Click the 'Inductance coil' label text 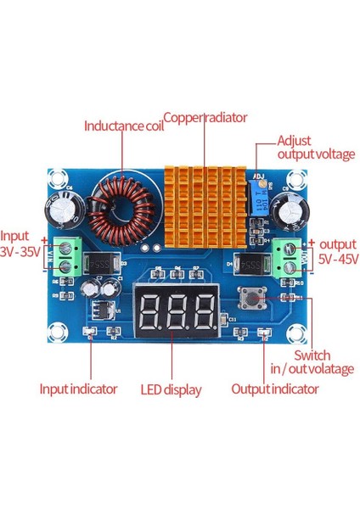click(x=123, y=126)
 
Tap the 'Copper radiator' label click(x=205, y=117)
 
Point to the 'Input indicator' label click(x=78, y=389)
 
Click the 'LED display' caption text click(x=171, y=390)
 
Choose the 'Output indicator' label click(x=275, y=389)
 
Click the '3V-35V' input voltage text click(x=20, y=252)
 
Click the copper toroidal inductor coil click(x=123, y=208)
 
